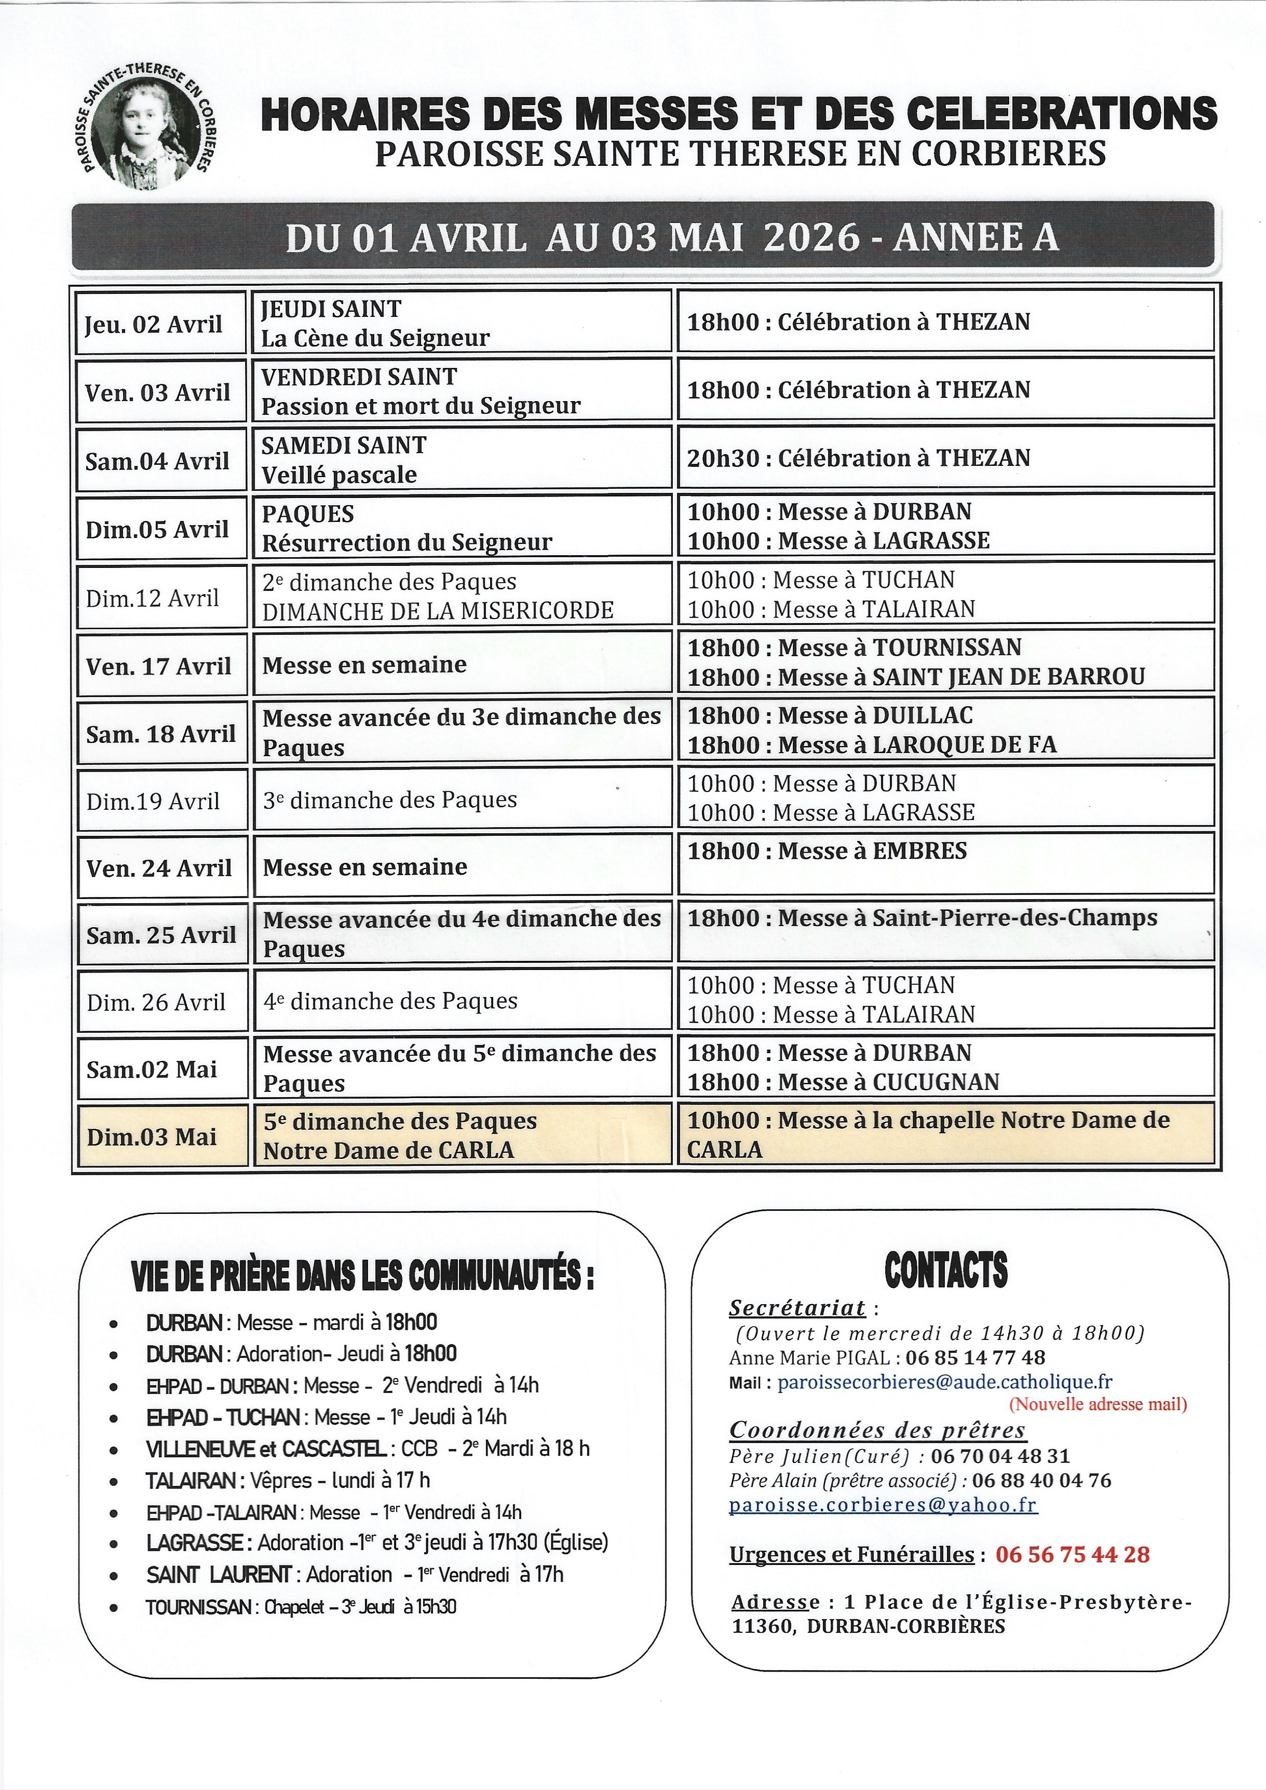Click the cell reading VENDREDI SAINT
tap(359, 377)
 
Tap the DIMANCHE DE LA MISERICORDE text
tap(437, 610)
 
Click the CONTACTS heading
tap(945, 1271)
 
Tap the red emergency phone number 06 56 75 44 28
tap(1072, 1555)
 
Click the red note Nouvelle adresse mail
tap(1098, 1404)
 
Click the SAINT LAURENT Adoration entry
tap(354, 1574)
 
